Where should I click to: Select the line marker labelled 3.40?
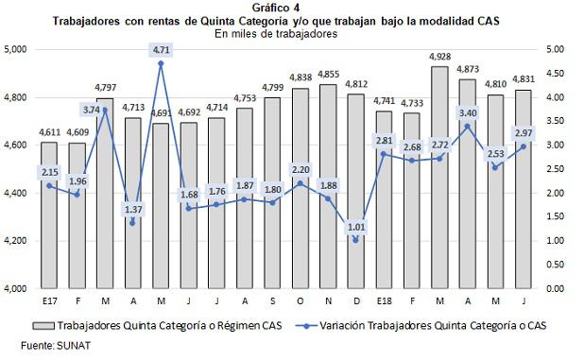[x=466, y=126]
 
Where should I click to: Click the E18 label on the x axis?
[x=385, y=301]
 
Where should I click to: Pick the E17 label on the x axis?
[x=48, y=301]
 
